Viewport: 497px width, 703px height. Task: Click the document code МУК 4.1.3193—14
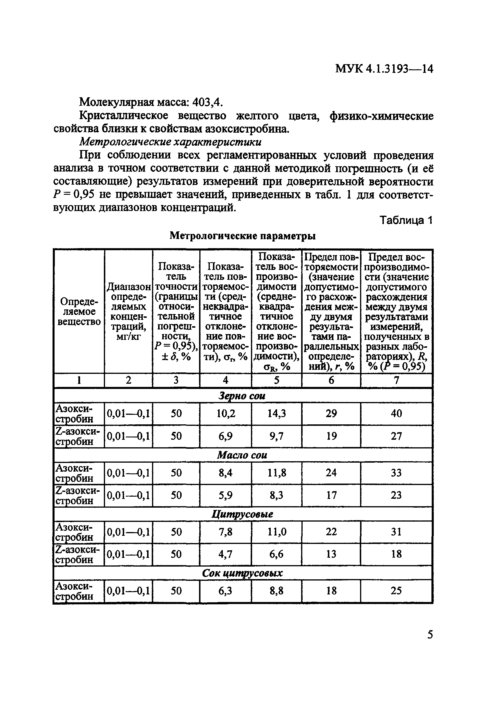(384, 69)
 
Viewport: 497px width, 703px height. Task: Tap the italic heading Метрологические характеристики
(171, 142)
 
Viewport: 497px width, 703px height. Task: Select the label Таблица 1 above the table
(406, 220)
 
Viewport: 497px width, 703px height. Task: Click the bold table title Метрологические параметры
(243, 235)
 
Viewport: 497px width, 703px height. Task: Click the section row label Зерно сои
(242, 396)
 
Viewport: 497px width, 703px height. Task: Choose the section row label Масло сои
(242, 455)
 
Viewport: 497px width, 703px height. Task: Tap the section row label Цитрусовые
(242, 514)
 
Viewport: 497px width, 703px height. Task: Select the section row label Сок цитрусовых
(242, 573)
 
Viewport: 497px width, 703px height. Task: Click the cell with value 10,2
(225, 414)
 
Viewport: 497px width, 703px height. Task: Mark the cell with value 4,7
(225, 554)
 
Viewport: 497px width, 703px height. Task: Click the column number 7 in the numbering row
(396, 380)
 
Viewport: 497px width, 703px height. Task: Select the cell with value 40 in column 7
(396, 414)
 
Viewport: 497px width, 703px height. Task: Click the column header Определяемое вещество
(79, 311)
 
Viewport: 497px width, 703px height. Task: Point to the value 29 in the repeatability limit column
(331, 414)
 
